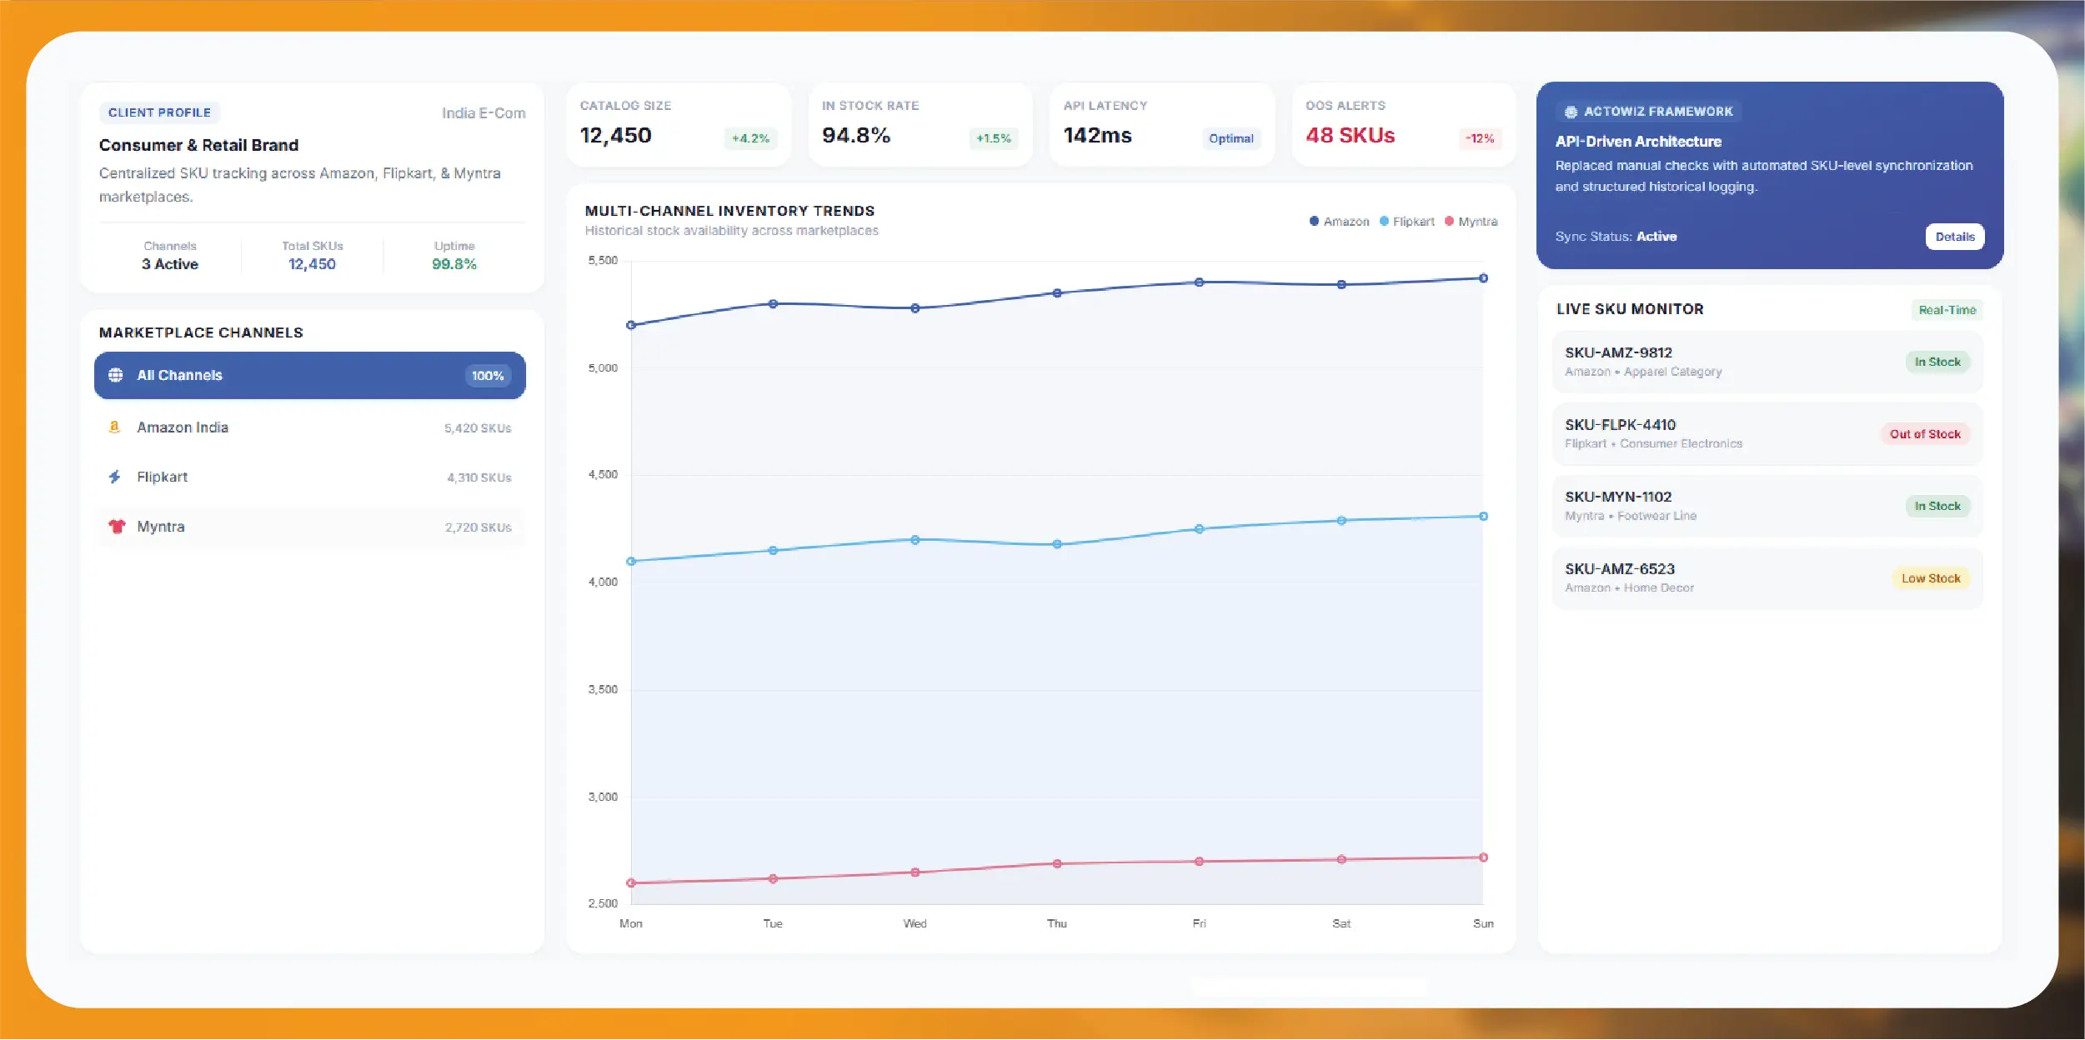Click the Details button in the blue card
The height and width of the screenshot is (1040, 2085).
1954,237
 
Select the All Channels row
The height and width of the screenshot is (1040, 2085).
310,375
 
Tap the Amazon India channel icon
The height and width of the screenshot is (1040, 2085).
115,427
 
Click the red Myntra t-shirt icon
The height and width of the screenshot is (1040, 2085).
117,527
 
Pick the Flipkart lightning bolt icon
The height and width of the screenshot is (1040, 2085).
115,477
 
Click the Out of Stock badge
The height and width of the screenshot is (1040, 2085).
1925,434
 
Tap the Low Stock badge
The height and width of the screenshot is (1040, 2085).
1931,578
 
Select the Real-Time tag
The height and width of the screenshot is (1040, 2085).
1947,310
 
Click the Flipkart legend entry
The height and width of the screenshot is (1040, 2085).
1407,222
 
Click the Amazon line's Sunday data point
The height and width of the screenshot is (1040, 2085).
1483,278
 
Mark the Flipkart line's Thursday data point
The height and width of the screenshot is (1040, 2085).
1057,544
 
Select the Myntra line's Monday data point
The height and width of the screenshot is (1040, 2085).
631,882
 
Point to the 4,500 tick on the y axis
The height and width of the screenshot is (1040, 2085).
603,475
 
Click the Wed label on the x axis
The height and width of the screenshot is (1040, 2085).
915,923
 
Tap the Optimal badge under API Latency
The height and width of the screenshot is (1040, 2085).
1230,138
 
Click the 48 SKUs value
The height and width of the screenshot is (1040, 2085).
1350,135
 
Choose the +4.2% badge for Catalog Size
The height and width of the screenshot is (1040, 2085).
750,138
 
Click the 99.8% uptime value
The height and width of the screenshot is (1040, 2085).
454,264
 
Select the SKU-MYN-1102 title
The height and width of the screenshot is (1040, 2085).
1618,497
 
